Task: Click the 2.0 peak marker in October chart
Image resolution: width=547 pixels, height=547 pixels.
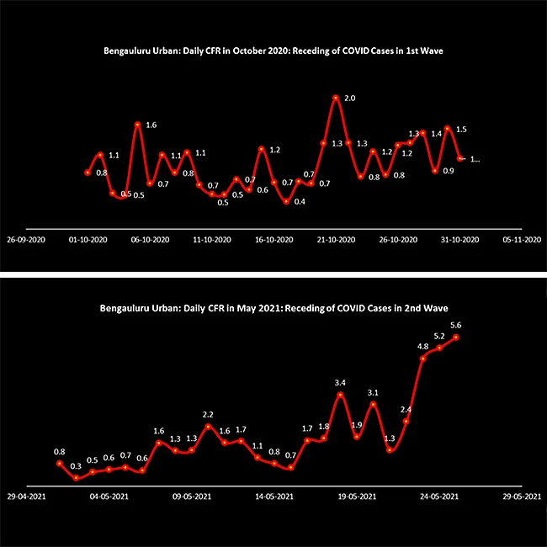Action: click(x=336, y=98)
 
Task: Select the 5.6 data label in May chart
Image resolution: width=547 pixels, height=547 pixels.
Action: click(x=456, y=325)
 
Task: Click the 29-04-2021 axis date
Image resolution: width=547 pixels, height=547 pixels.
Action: click(x=30, y=497)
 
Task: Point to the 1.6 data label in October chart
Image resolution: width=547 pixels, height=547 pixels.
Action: click(x=151, y=125)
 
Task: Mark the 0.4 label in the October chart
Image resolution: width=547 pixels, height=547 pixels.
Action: click(x=300, y=202)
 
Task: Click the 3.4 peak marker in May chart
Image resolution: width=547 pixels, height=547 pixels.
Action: click(x=340, y=395)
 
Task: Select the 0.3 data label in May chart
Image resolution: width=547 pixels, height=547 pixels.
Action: click(x=76, y=466)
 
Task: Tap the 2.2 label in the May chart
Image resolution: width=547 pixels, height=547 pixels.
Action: click(x=208, y=415)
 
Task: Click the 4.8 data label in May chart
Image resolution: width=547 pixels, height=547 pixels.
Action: click(x=423, y=346)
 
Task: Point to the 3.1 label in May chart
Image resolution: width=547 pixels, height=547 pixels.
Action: click(x=373, y=393)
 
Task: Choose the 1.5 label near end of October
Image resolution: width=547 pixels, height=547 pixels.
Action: click(x=461, y=130)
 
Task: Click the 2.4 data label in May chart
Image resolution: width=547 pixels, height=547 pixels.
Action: click(x=406, y=410)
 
